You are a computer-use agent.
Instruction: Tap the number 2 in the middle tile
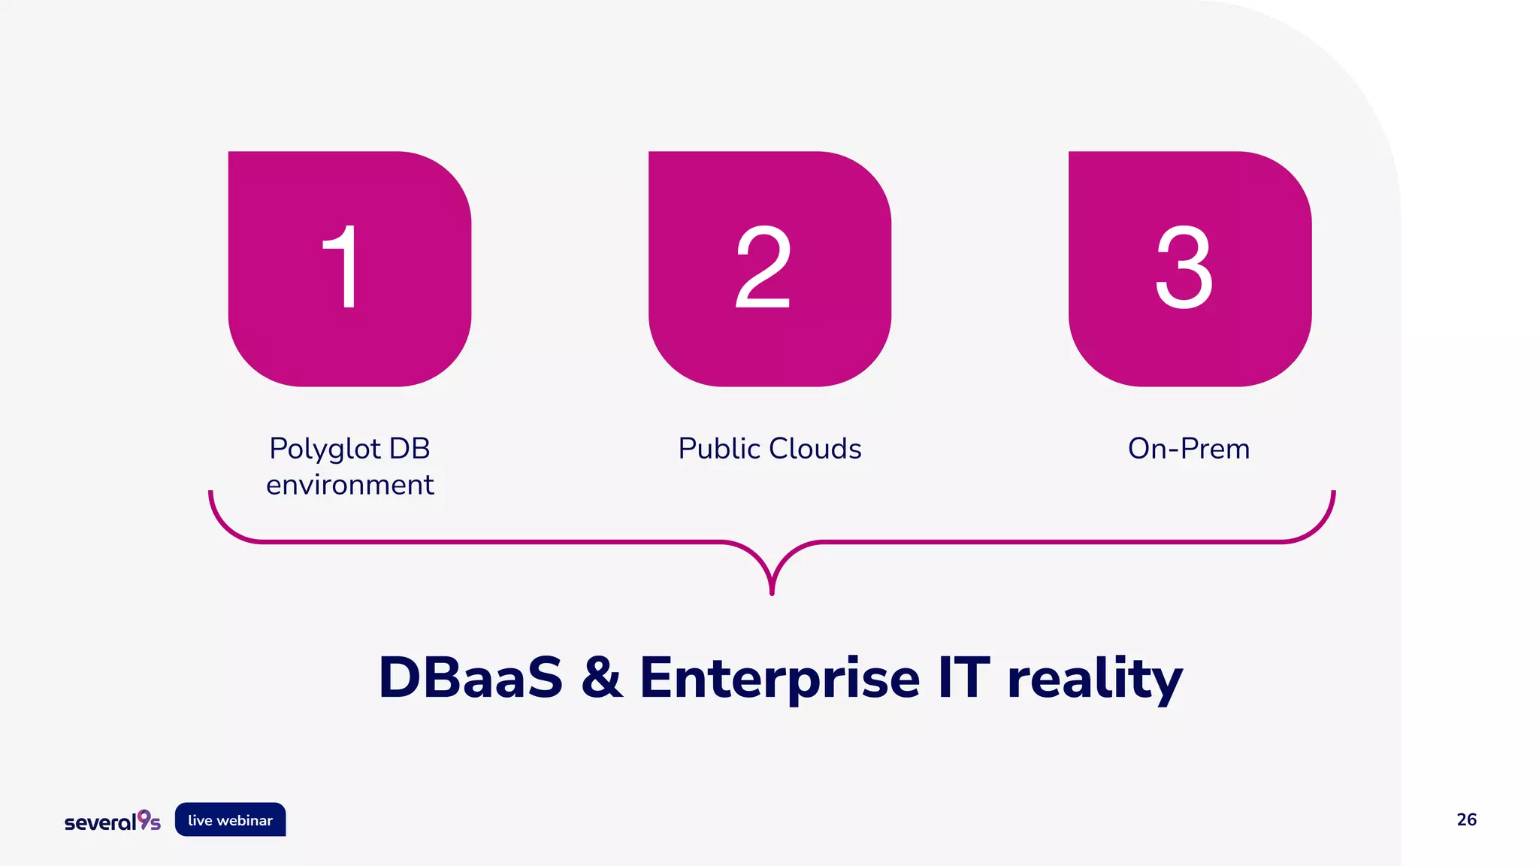[763, 267]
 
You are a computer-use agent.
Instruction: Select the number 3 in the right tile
[1184, 267]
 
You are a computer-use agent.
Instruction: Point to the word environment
[349, 485]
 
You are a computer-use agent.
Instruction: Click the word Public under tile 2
[719, 449]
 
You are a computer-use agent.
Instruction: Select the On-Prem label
[1189, 449]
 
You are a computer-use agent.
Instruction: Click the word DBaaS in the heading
[470, 678]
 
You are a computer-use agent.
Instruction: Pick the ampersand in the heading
[602, 678]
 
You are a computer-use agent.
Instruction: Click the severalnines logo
[113, 821]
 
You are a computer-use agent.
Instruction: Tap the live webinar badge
[231, 820]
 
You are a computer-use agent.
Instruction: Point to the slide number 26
[1466, 819]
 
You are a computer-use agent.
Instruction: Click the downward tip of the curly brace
[772, 592]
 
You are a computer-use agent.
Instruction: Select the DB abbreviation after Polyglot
[410, 449]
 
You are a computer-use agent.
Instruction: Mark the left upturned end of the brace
[211, 495]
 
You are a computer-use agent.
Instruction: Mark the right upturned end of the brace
[1333, 495]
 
